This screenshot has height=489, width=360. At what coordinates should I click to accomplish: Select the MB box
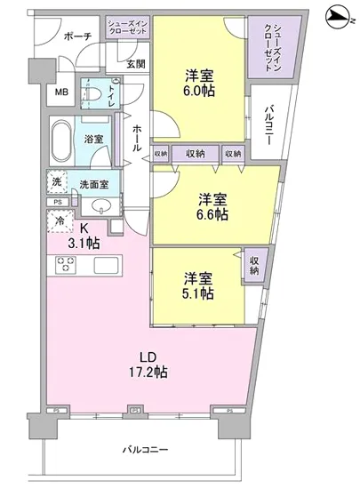[x=63, y=92]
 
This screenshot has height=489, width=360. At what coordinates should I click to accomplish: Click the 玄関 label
[x=136, y=63]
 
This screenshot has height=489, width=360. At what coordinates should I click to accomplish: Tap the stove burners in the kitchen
[x=68, y=264]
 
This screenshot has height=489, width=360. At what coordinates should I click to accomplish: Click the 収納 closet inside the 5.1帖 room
[x=254, y=265]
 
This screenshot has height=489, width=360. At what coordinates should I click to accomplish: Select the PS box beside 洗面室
[x=56, y=203]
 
